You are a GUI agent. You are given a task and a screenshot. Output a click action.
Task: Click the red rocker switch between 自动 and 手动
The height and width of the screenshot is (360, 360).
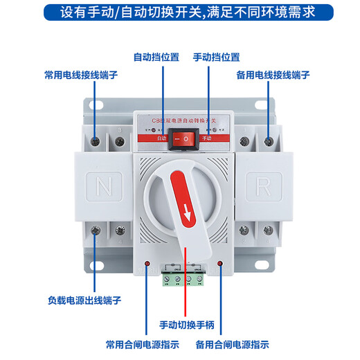point(180,140)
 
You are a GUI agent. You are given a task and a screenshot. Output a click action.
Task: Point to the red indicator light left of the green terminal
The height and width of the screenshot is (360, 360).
point(147,264)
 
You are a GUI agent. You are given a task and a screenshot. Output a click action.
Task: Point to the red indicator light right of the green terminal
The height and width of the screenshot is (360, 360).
point(219,264)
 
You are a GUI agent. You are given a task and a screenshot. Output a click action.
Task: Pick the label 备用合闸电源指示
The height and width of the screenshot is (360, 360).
point(232,344)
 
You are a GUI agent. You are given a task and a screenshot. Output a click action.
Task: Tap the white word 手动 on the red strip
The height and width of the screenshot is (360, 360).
point(205,138)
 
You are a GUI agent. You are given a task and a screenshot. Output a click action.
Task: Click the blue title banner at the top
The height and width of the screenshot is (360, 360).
point(180,12)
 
